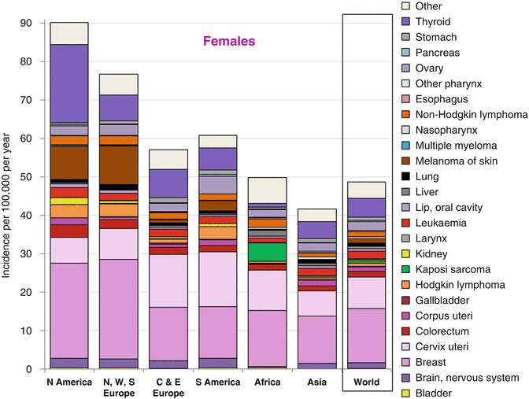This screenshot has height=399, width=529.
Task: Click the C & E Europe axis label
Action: click(168, 387)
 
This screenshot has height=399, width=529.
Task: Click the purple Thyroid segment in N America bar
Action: click(69, 83)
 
